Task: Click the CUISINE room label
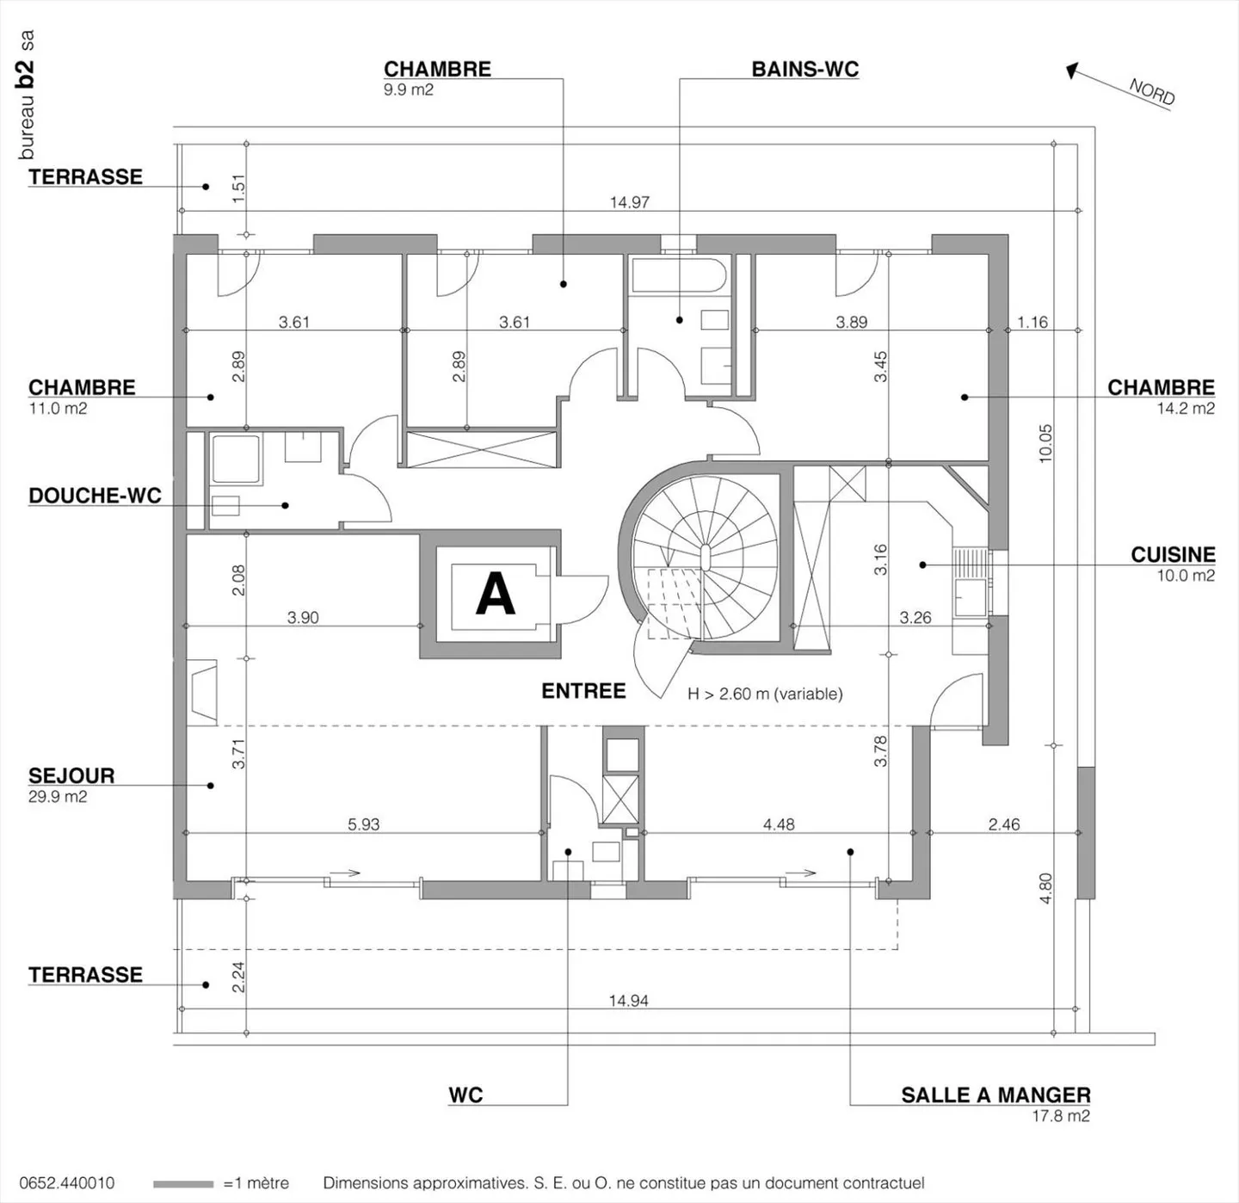pyautogui.click(x=1172, y=555)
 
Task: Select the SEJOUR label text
pyautogui.click(x=71, y=775)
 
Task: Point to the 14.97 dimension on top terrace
pyautogui.click(x=629, y=202)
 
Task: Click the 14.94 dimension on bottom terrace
pyautogui.click(x=628, y=1001)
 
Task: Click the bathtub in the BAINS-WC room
pyautogui.click(x=679, y=276)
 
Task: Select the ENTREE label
pyautogui.click(x=583, y=691)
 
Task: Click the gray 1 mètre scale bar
pyautogui.click(x=182, y=1184)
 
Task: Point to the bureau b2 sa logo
pyautogui.click(x=27, y=95)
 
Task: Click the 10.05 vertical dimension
pyautogui.click(x=1045, y=444)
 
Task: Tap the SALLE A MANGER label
pyautogui.click(x=996, y=1095)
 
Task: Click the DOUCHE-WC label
pyautogui.click(x=95, y=496)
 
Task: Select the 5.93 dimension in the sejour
pyautogui.click(x=363, y=824)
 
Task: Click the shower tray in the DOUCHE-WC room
pyautogui.click(x=236, y=460)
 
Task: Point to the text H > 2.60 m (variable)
pyautogui.click(x=765, y=694)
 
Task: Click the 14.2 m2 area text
pyautogui.click(x=1185, y=409)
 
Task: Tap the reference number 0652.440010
pyautogui.click(x=66, y=1184)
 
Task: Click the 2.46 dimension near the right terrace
pyautogui.click(x=1003, y=824)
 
